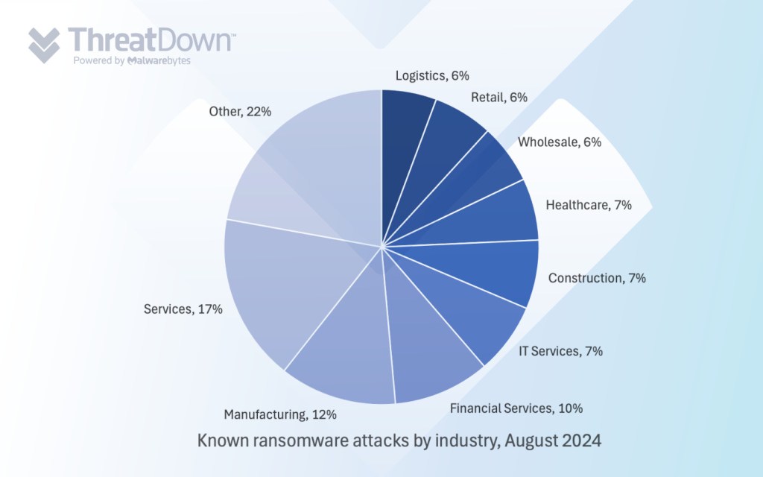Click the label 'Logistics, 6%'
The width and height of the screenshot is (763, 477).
432,75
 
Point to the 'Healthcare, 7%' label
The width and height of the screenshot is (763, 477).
589,205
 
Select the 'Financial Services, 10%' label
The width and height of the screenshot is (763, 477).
516,408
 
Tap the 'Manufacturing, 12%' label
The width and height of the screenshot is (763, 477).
281,414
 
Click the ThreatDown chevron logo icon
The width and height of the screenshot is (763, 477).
44,44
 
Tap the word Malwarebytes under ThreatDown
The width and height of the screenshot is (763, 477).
159,61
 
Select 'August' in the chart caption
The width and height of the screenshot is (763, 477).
534,440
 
